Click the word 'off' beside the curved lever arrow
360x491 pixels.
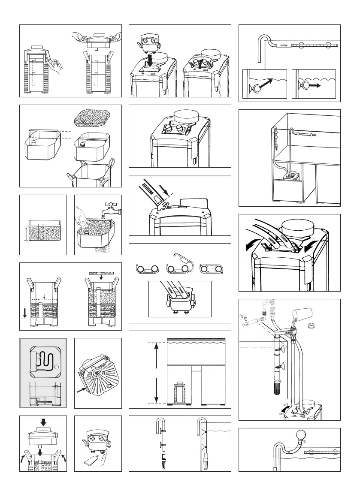285,404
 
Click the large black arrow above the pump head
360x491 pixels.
43,422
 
